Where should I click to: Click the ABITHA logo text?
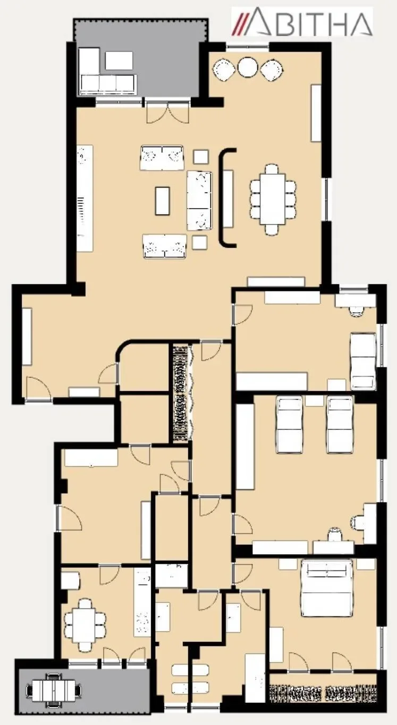[x=311, y=21]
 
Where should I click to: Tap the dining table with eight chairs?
[x=273, y=198]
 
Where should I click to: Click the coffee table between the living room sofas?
[x=163, y=201]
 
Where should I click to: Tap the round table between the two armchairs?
[x=247, y=67]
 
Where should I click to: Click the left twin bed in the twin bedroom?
[x=290, y=425]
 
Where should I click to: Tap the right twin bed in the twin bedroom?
[x=340, y=425]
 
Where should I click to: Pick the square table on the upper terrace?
[x=119, y=61]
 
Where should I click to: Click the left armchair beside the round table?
[x=223, y=70]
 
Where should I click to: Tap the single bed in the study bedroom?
[x=363, y=361]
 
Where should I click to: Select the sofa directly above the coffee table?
[x=162, y=158]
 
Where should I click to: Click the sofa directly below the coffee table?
[x=165, y=246]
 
